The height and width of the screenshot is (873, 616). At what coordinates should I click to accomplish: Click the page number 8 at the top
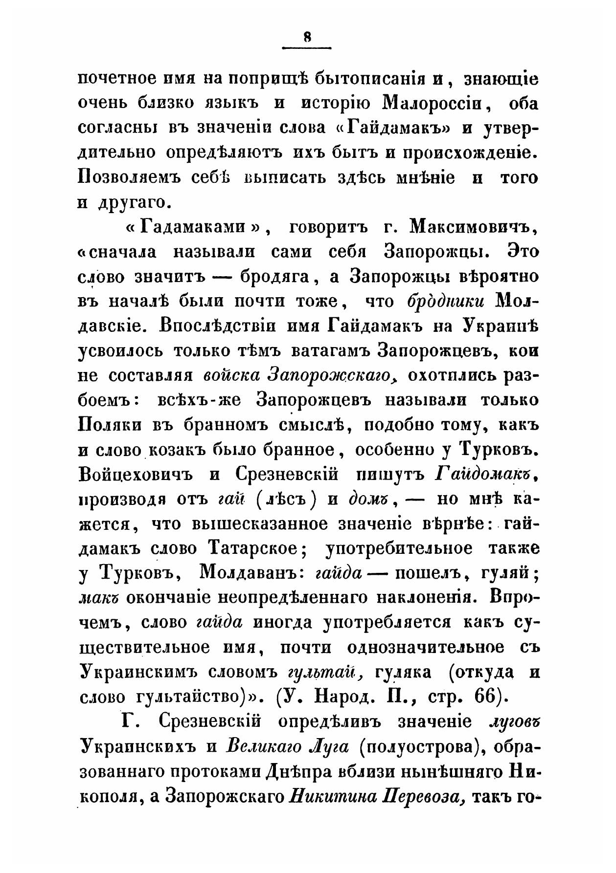point(307,37)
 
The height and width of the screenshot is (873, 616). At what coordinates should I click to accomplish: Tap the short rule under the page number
point(307,47)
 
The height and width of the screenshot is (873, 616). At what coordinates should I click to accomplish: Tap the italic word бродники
point(446,302)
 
